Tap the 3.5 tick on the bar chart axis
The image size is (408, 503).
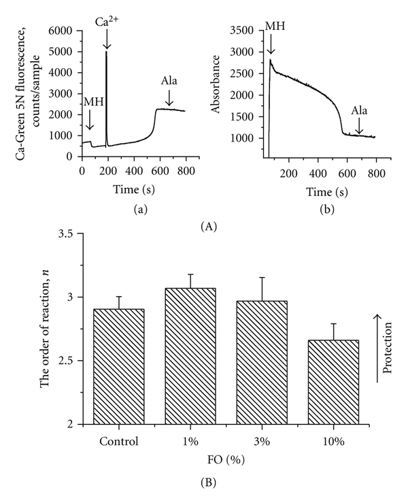coord(66,233)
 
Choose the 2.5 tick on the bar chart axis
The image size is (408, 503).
coord(66,361)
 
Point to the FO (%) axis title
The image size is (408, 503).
coord(222,459)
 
